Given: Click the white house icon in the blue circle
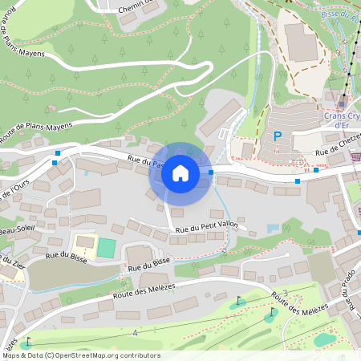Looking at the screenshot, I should pyautogui.click(x=180, y=172).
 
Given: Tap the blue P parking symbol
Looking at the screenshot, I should pyautogui.click(x=278, y=136).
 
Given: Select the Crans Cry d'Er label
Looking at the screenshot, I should pyautogui.click(x=341, y=119).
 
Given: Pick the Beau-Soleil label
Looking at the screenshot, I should pyautogui.click(x=16, y=227).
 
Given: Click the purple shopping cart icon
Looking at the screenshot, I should pyautogui.click(x=356, y=156).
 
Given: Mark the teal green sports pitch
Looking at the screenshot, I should pyautogui.click(x=106, y=247).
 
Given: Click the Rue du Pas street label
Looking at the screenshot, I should pyautogui.click(x=144, y=162).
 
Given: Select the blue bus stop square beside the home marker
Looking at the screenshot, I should pyautogui.click(x=211, y=172).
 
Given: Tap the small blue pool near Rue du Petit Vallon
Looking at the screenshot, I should pyautogui.click(x=272, y=228).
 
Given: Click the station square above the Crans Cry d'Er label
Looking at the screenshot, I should pyautogui.click(x=342, y=103).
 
